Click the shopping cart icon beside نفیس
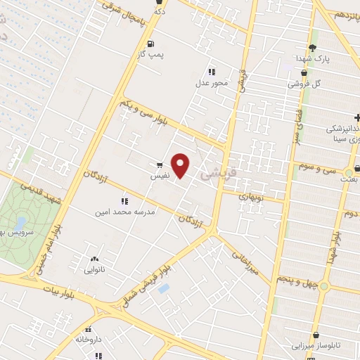[161, 166]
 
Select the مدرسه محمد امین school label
[125, 210]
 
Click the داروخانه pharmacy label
[89, 340]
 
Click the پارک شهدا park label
[313, 58]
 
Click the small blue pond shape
[164, 288]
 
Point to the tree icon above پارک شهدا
[312, 47]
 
